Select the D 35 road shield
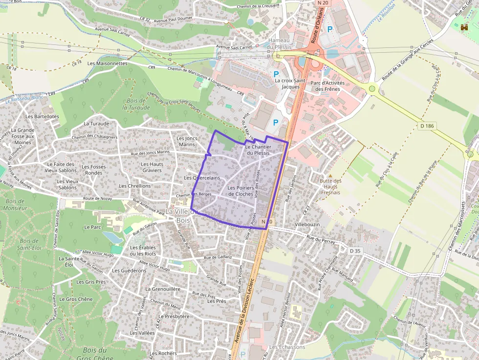355,251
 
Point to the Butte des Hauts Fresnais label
331,186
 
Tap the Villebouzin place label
307,224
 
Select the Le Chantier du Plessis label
258,149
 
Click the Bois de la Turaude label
136,104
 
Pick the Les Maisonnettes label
107,64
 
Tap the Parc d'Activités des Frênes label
328,86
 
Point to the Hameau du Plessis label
280,43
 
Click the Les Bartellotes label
42,116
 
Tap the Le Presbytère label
174,316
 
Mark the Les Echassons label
287,347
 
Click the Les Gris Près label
91,282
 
